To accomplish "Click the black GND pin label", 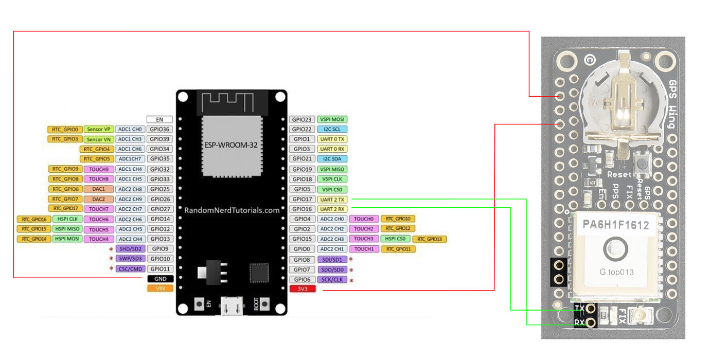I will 160,278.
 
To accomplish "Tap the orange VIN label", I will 160,289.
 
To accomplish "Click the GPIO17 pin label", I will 302,199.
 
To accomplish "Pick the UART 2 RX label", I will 332,209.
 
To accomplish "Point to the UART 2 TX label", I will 332,199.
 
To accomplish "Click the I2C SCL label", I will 332,129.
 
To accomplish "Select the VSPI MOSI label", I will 332,119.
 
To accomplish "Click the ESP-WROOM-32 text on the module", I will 231,145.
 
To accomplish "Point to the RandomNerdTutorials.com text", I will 232,210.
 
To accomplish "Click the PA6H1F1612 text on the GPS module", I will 615,225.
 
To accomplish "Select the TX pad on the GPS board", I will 590,309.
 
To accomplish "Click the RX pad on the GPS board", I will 590,322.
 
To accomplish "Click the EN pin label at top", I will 160,119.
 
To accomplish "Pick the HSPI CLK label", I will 67,219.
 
